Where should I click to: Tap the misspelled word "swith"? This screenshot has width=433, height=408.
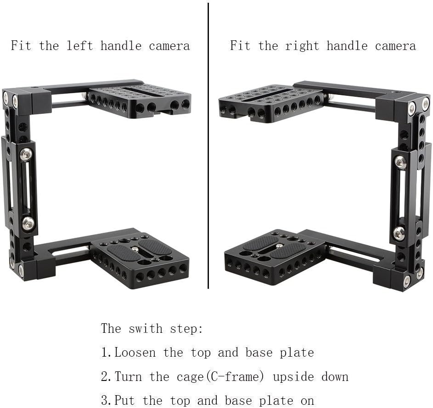146,329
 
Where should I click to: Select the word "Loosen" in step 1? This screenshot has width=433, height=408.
135,353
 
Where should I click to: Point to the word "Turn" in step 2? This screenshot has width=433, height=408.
128,377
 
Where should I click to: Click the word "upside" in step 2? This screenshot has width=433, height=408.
293,377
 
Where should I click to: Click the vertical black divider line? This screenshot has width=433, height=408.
208,147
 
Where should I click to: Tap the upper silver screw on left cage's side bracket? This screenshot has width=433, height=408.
26,154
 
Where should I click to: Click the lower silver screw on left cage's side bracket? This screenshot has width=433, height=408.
28,223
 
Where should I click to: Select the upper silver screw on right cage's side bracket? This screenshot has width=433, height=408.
400,162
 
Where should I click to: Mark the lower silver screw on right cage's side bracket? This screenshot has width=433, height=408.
399,232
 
